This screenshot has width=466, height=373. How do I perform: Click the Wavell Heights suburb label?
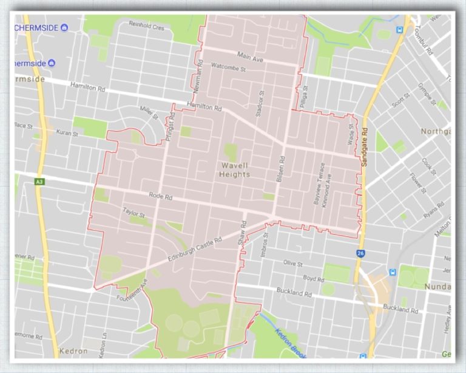click(235, 169)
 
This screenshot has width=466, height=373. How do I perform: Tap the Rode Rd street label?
click(160, 197)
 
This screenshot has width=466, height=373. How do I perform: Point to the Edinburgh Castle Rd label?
click(195, 247)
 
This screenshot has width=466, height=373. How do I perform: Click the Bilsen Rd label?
click(280, 171)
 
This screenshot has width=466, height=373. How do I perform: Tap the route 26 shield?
click(360, 251)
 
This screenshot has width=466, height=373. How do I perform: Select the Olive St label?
click(292, 264)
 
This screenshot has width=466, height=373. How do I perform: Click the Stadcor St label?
click(262, 103)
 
